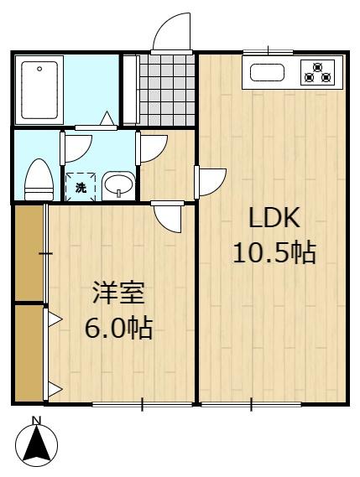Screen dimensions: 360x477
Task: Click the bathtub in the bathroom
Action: pos(39,90)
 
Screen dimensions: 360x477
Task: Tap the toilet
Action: pos(39,179)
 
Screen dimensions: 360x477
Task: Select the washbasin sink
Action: pos(119,185)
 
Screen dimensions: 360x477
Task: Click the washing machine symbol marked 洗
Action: pos(81,187)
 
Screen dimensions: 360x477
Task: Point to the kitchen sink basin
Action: pos(267,73)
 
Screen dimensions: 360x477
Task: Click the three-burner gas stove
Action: pos(318,72)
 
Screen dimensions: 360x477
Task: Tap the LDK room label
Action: pos(274,217)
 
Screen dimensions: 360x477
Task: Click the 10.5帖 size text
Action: pos(274,252)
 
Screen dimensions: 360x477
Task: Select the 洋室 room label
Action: pos(118,293)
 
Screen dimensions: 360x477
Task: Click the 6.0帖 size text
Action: pos(118,328)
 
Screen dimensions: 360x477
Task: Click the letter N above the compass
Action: pos(37,421)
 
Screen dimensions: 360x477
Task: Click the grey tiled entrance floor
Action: pos(167,90)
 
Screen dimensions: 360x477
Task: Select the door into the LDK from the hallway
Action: pos(210,182)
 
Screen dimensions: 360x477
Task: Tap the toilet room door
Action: pos(76,148)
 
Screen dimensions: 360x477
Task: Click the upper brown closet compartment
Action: pos(29,253)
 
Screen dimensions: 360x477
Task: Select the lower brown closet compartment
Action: pos(29,353)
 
